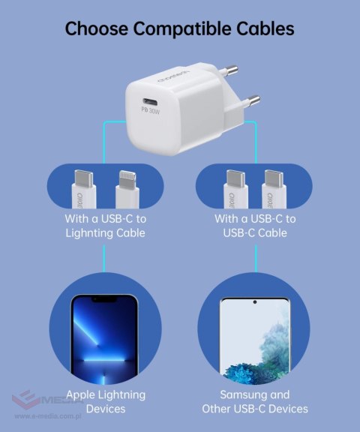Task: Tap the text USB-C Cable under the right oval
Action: [255, 233]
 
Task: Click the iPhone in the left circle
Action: [104, 337]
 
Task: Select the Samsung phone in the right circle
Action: [254, 337]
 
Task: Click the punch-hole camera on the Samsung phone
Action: [254, 303]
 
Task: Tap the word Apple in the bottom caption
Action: [81, 394]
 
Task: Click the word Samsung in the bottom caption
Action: [244, 394]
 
